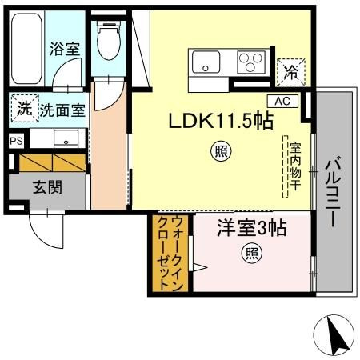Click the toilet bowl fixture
pyautogui.click(x=109, y=40)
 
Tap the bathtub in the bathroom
pyautogui.click(x=26, y=49)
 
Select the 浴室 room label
pyautogui.click(x=65, y=49)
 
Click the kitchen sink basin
pyautogui.click(x=206, y=62)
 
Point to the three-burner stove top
pyautogui.click(x=251, y=62)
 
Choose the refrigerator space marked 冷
pyautogui.click(x=291, y=72)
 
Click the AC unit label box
pyautogui.click(x=282, y=102)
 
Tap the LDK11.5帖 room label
pyautogui.click(x=221, y=121)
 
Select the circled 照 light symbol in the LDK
pyautogui.click(x=221, y=151)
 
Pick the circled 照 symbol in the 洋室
pyautogui.click(x=251, y=254)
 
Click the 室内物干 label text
pyautogui.click(x=295, y=166)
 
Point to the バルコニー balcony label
pyautogui.click(x=334, y=192)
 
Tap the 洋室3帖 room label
pyautogui.click(x=252, y=228)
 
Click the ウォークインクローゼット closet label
pyautogui.click(x=170, y=253)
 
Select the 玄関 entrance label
pyautogui.click(x=47, y=187)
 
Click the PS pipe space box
pyautogui.click(x=17, y=141)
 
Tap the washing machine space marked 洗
pyautogui.click(x=25, y=109)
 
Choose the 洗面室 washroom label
pyautogui.click(x=62, y=110)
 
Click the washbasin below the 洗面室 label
pyautogui.click(x=66, y=138)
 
